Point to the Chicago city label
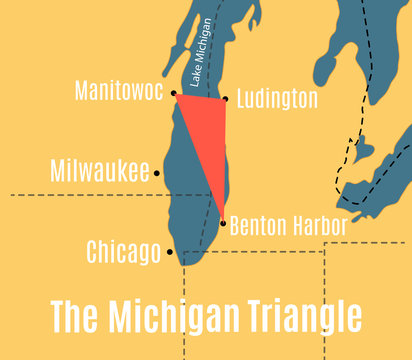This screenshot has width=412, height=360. tap(124, 252)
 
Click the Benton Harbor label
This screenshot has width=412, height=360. tap(288, 226)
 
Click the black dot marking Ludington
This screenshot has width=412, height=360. tap(226, 98)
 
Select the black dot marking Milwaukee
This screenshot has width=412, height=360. tap(157, 173)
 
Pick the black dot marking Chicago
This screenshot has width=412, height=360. tap(170, 252)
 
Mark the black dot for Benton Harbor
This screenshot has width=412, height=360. tap(222, 223)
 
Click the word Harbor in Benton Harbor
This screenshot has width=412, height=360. tap(319, 226)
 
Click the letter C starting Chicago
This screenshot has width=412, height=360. tap(94, 252)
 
